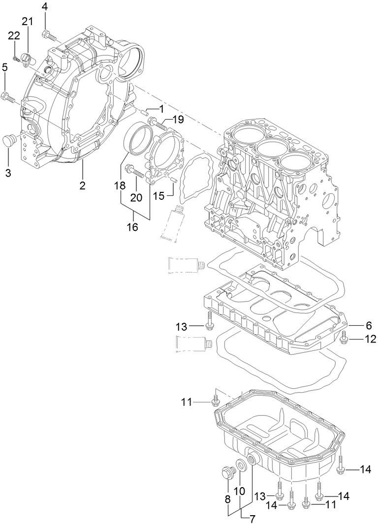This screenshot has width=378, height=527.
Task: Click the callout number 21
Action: (27, 21)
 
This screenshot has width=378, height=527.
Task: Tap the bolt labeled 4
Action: (47, 34)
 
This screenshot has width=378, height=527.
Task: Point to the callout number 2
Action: (82, 186)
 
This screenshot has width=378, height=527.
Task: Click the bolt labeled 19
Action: (157, 123)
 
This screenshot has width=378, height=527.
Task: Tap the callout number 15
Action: (158, 196)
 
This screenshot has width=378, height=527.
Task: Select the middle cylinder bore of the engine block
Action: (273, 147)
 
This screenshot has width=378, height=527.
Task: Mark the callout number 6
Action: (368, 326)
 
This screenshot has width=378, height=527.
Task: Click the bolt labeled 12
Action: (344, 338)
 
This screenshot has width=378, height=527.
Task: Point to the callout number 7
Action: (252, 519)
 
